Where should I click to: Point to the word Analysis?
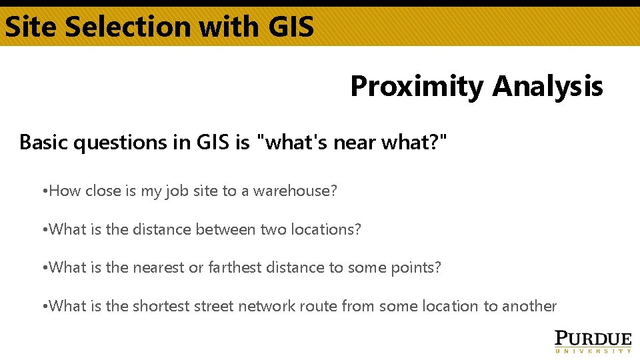547,87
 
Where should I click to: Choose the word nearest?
159,268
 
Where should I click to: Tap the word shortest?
161,307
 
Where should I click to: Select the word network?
271,307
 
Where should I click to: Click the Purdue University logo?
593,340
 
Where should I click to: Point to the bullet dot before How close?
43,192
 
